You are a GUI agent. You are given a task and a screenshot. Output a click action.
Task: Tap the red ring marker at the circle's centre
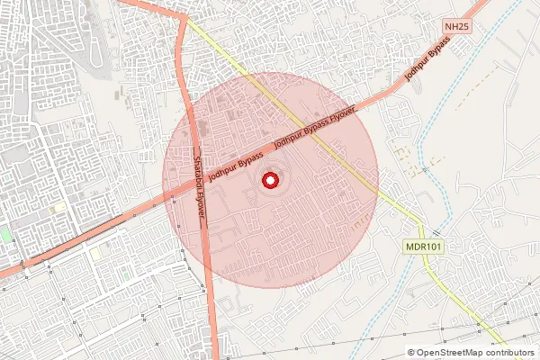(269, 181)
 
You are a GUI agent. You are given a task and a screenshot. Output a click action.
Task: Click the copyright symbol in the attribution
(410, 353)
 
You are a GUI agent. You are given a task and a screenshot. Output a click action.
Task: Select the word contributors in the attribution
(510, 353)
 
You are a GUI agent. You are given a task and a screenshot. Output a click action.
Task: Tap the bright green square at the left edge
(5, 236)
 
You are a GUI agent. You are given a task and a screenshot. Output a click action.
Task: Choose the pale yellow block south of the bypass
(96, 253)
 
